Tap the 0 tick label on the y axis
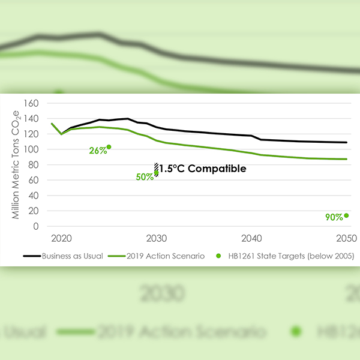pyautogui.click(x=35, y=227)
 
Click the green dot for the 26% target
pyautogui.click(x=109, y=147)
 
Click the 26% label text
pyautogui.click(x=98, y=151)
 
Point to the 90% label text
pyautogui.click(x=334, y=217)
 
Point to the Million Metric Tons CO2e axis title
pyautogui.click(x=17, y=164)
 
